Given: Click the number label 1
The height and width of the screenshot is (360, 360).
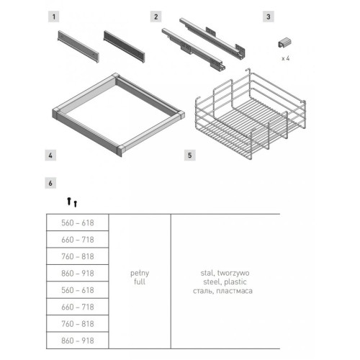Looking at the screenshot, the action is click(54, 17).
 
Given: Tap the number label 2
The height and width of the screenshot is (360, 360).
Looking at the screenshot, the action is click(156, 17).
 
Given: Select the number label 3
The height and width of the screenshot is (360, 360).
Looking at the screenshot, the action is click(269, 17).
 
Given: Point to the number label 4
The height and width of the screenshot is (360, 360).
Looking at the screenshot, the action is click(50, 155).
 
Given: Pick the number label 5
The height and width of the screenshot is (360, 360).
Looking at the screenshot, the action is click(190, 155).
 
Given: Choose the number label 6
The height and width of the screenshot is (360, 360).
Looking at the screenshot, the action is click(50, 183).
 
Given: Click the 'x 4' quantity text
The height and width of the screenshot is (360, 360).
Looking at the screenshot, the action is click(286, 58).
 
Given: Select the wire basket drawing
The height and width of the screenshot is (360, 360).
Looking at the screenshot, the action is click(251, 114).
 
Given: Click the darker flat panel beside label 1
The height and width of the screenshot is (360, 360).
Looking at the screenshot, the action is click(124, 46).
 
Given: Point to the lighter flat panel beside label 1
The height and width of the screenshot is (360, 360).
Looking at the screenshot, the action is click(78, 47).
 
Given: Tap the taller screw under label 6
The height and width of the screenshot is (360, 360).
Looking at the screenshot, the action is click(69, 201).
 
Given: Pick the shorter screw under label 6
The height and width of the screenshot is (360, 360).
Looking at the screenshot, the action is click(76, 204).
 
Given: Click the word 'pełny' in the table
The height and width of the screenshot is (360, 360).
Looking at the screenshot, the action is click(140, 273).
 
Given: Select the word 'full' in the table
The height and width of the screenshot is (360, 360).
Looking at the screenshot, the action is click(140, 282).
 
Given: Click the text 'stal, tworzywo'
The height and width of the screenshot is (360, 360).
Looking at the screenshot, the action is click(225, 273).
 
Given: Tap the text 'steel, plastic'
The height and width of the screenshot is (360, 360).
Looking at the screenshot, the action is click(225, 282).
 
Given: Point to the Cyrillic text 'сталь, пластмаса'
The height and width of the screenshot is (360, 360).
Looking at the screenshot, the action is click(222, 291).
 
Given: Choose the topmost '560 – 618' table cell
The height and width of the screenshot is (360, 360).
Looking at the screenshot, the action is click(78, 222).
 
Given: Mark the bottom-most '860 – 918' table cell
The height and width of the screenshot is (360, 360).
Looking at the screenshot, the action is click(78, 341).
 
